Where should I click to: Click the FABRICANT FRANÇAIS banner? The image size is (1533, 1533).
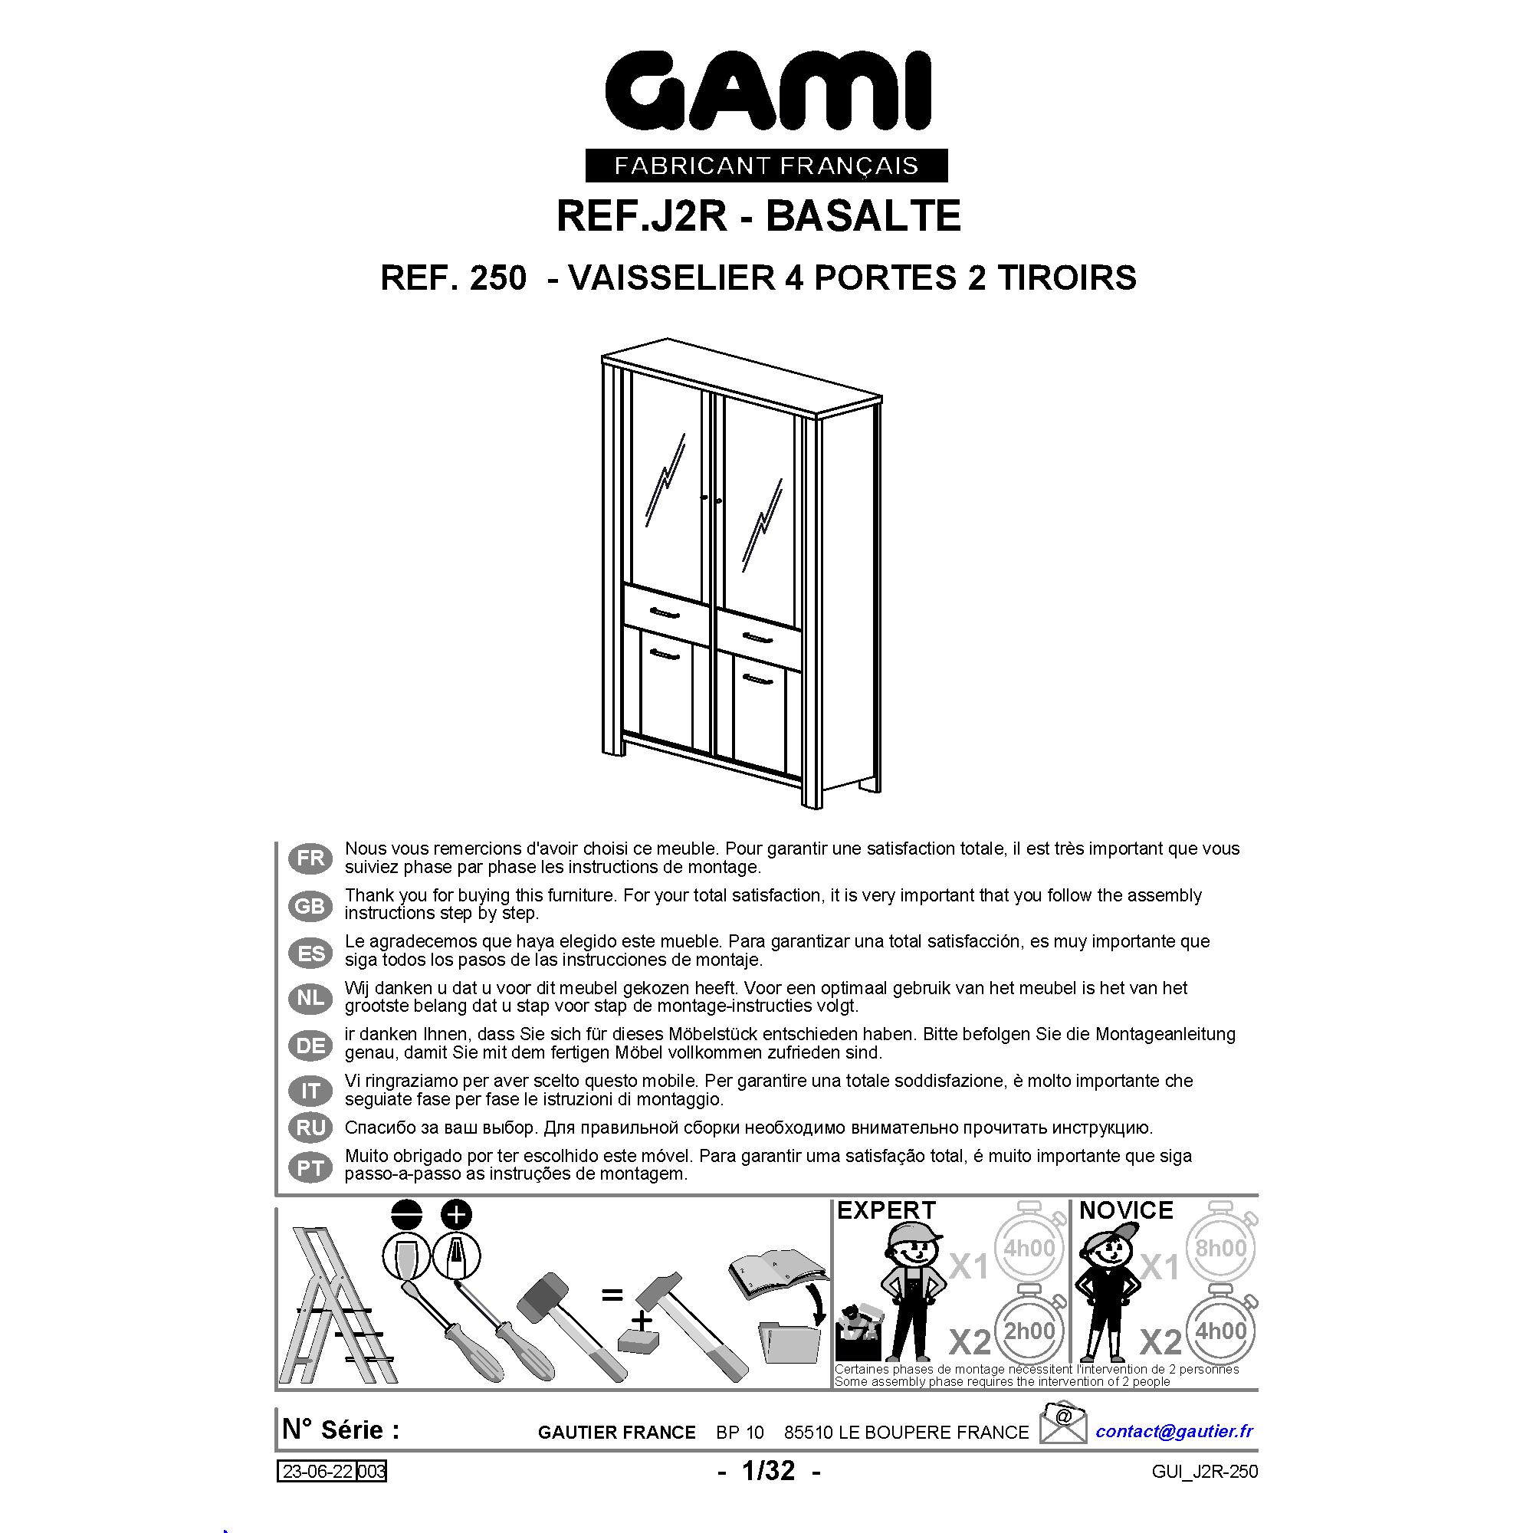[766, 165]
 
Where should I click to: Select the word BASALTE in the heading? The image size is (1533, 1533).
[863, 216]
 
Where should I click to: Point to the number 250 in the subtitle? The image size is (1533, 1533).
[497, 277]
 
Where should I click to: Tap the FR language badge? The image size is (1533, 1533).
[310, 858]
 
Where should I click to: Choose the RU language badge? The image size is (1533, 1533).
[310, 1128]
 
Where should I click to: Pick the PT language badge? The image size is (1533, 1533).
[310, 1167]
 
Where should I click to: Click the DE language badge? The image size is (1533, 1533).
[310, 1046]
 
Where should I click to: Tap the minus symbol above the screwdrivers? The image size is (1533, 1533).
[406, 1215]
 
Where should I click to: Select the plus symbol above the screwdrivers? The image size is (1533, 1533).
[456, 1215]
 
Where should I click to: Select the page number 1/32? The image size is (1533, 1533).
[768, 1471]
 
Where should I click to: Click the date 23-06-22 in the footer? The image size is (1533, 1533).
[317, 1472]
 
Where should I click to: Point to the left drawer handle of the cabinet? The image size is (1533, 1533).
[666, 611]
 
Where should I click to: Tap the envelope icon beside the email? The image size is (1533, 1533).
[1063, 1423]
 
